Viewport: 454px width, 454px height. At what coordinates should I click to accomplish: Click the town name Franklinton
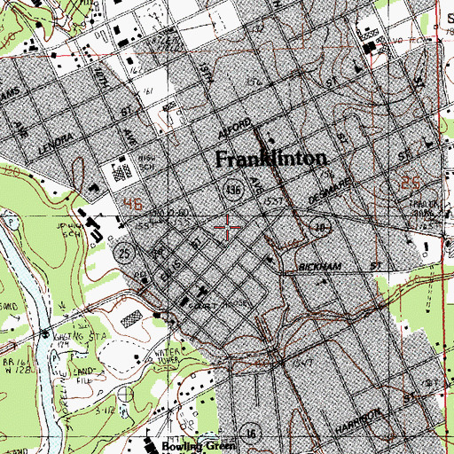click(272, 160)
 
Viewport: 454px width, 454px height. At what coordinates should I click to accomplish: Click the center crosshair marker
click(227, 228)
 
